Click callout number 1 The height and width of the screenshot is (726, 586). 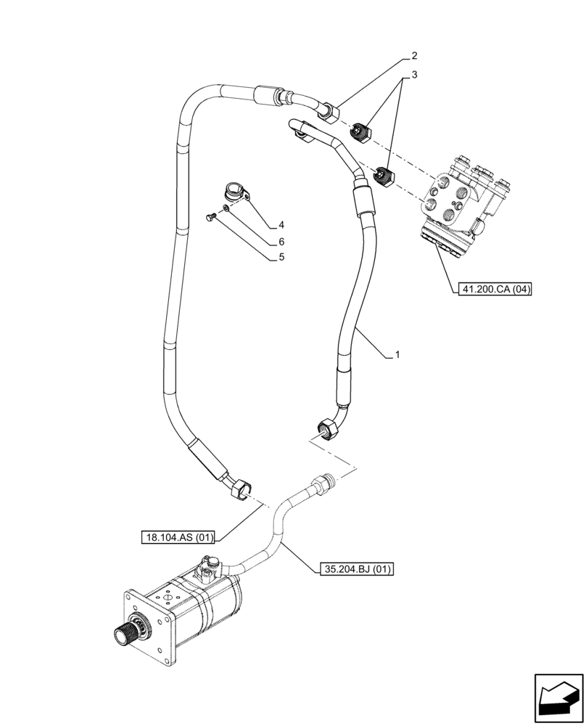[x=397, y=355]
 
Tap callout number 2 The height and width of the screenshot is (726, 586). [x=414, y=56]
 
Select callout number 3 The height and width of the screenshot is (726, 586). [x=414, y=76]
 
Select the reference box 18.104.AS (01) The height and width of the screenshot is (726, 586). [x=178, y=538]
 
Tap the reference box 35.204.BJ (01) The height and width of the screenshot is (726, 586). [x=354, y=569]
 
